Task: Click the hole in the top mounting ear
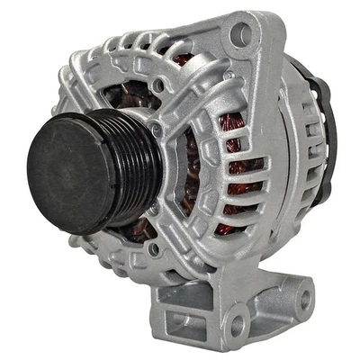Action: (240, 35)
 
